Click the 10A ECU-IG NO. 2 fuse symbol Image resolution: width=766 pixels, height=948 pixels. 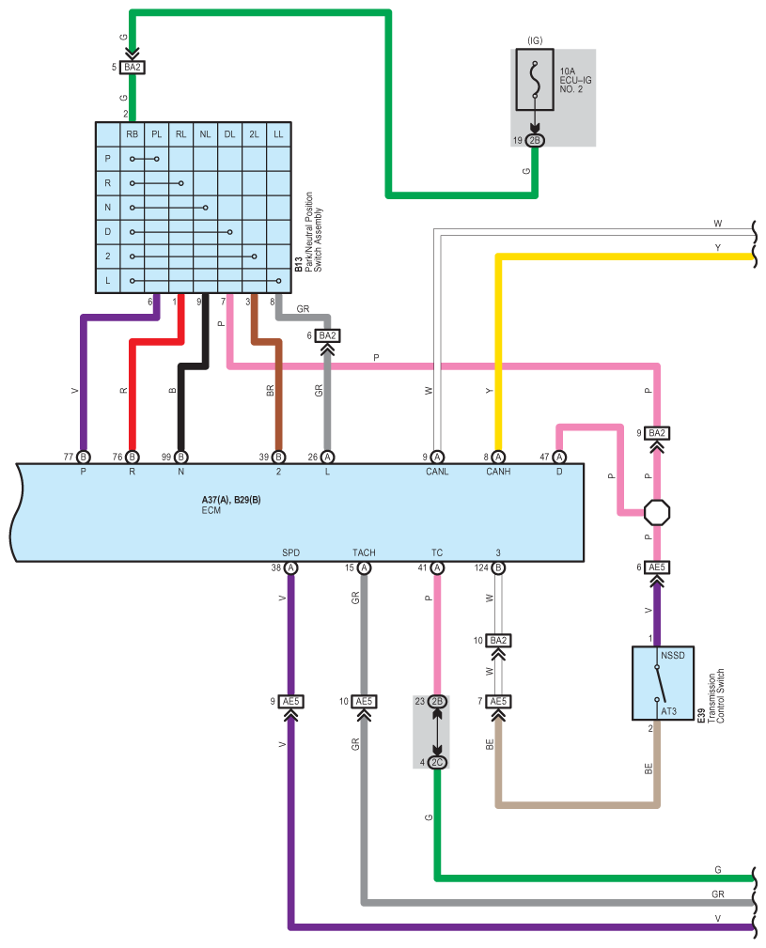tap(535, 79)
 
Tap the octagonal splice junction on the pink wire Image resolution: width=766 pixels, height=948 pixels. tap(657, 513)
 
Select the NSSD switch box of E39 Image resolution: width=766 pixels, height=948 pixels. tap(663, 683)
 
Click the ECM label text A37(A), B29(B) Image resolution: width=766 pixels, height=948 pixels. tap(231, 500)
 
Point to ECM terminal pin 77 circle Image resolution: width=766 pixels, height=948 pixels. tap(84, 457)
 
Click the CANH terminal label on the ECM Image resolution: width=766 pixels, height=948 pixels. tap(498, 472)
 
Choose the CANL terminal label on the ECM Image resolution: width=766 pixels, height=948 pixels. tap(437, 472)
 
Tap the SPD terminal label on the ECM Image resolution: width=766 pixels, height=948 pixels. tap(290, 552)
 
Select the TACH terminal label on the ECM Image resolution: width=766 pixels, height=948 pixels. tap(364, 552)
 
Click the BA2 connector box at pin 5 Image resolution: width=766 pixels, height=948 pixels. tap(133, 67)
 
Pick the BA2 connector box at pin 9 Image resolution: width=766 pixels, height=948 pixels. tap(657, 433)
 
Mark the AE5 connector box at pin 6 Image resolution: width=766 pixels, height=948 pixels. tap(657, 567)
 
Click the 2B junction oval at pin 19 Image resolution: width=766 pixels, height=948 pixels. tap(535, 140)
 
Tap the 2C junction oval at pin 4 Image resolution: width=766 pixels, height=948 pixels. tap(437, 762)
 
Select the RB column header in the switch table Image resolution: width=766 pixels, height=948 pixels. tap(132, 134)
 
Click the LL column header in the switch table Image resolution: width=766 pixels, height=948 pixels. tap(278, 134)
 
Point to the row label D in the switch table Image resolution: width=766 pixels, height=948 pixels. tap(107, 231)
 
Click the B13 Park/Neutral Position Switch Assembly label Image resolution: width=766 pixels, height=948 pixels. tap(308, 231)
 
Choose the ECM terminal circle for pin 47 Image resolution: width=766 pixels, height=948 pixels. tap(559, 457)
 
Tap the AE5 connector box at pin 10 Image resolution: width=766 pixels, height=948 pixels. tap(364, 701)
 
